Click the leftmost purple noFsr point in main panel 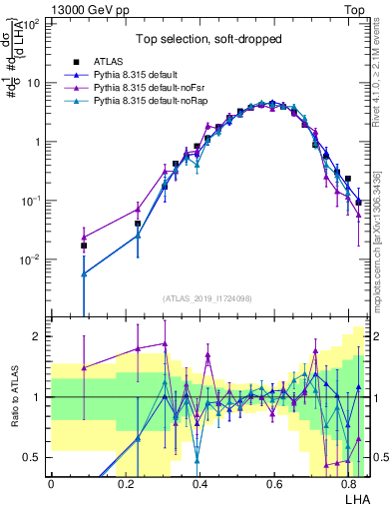pyautogui.click(x=84, y=237)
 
